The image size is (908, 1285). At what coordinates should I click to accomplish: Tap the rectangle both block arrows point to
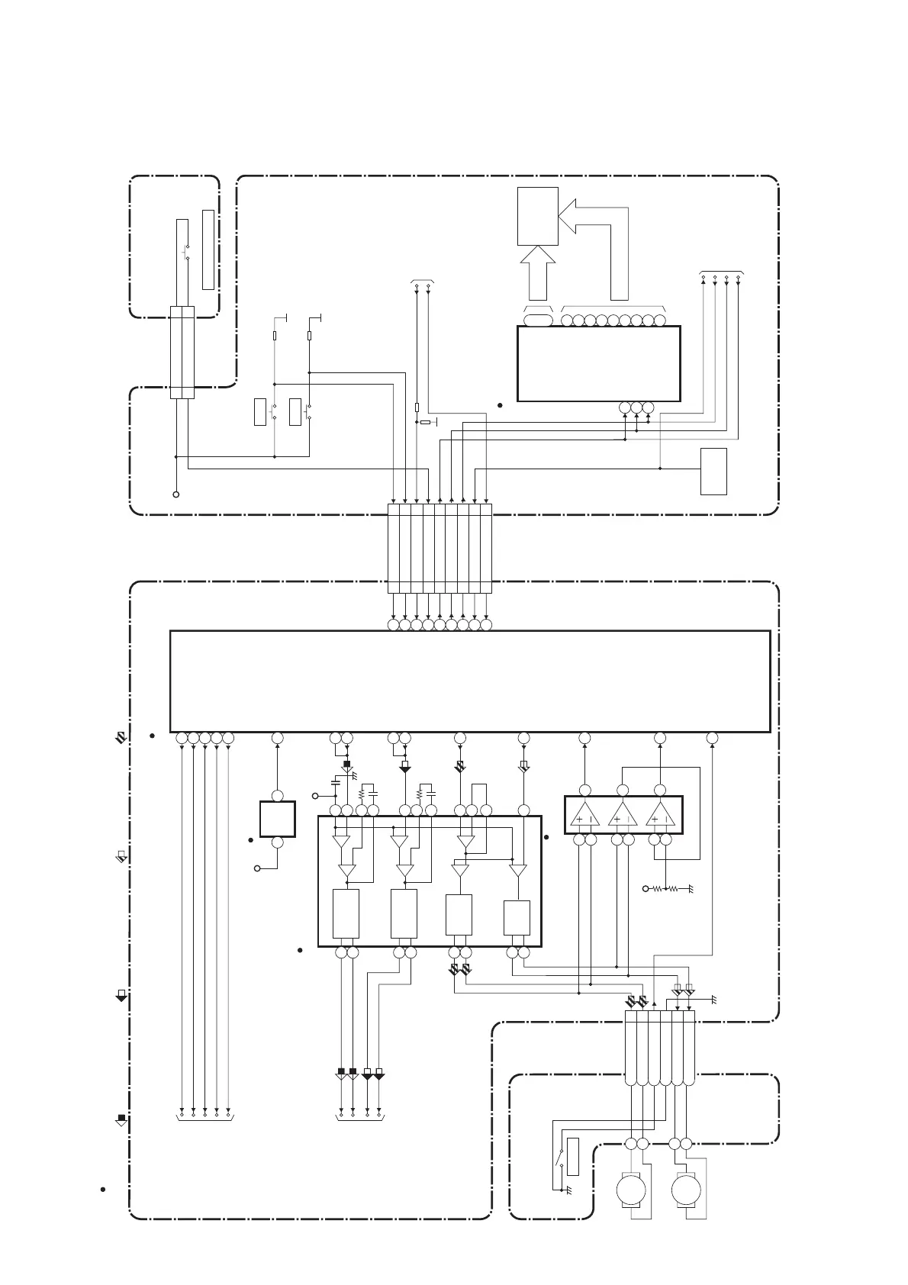(537, 216)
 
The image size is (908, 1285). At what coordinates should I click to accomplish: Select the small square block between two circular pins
(278, 819)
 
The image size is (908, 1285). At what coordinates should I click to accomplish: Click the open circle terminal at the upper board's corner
(176, 494)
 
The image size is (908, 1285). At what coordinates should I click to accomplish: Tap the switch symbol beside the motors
(562, 1159)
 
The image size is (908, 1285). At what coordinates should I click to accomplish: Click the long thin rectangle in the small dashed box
(208, 249)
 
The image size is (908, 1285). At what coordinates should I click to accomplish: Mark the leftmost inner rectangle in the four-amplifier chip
(346, 913)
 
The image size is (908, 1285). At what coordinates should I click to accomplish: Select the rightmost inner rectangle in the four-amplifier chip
(517, 918)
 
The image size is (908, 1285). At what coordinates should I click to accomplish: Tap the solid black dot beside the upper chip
(500, 404)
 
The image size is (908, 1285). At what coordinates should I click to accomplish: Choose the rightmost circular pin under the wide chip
(712, 738)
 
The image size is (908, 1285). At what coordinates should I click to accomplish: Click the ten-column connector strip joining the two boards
(440, 548)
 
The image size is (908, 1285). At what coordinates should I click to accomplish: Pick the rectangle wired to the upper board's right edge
(713, 471)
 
